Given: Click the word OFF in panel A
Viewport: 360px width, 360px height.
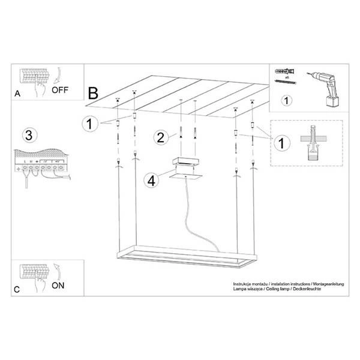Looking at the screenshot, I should tap(60, 91).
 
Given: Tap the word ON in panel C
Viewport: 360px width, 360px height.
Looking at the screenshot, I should tap(58, 286).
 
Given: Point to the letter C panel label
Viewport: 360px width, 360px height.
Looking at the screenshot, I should tap(16, 289).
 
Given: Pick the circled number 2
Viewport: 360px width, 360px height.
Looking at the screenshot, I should tap(160, 137).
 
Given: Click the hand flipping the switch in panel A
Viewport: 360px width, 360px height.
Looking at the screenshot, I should tap(40, 90).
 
